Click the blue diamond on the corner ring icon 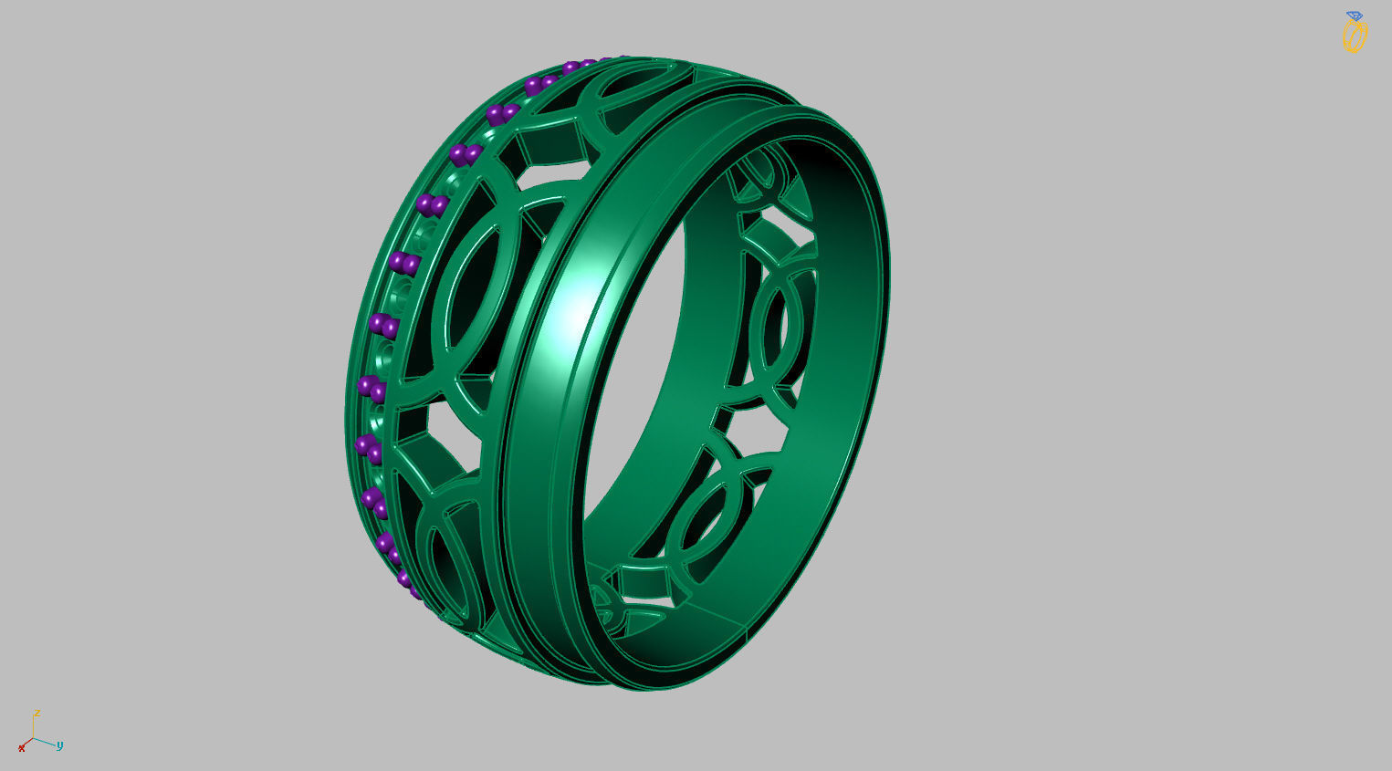[x=1354, y=16]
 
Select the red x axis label [x=22, y=748]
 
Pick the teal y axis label [x=59, y=745]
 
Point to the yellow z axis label [x=36, y=713]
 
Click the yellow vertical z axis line [x=34, y=728]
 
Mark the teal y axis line [x=45, y=742]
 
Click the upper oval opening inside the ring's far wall [x=772, y=324]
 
